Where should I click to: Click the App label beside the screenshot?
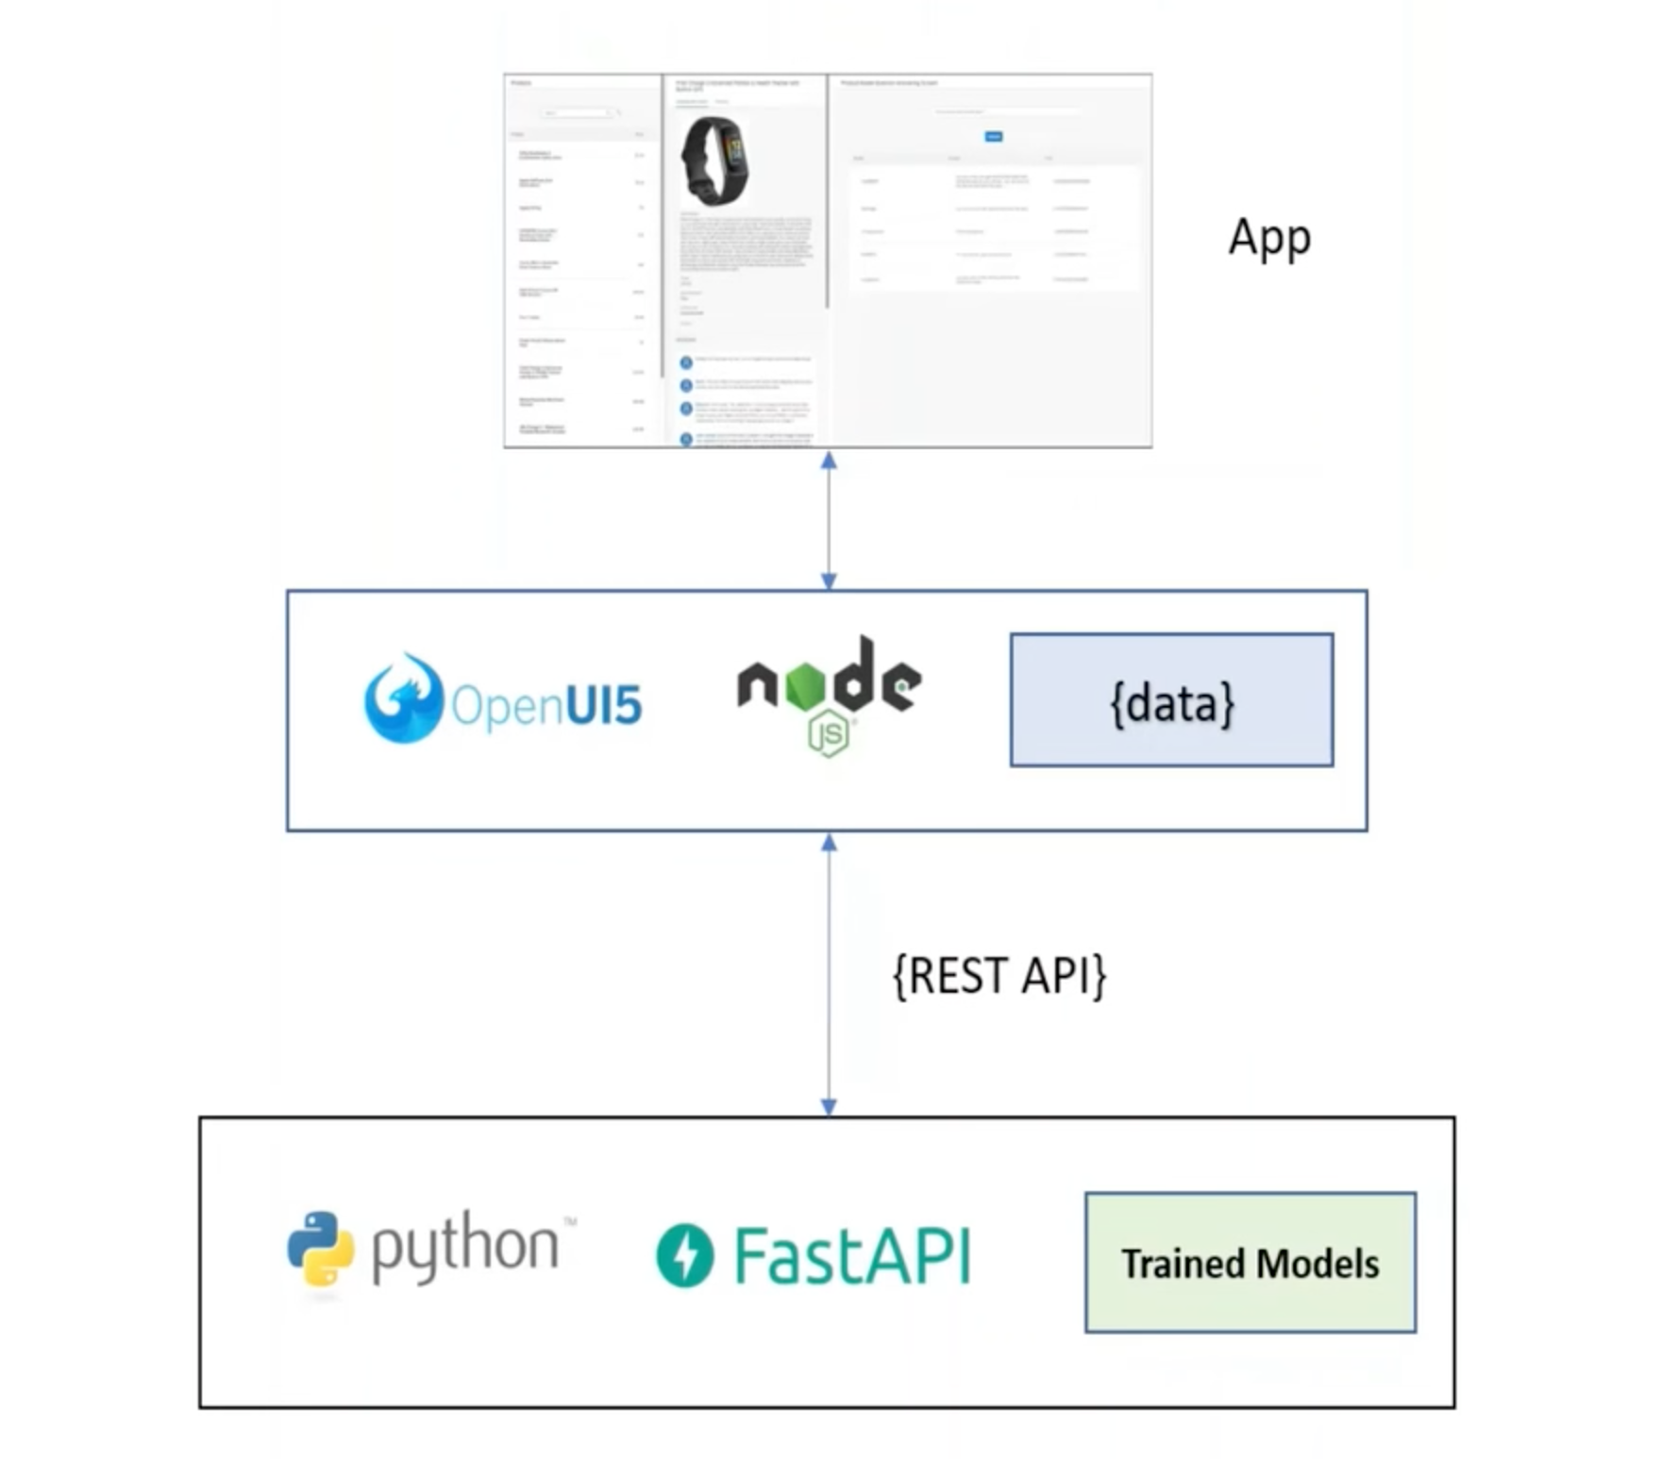point(1268,238)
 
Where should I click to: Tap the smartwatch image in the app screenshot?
point(713,160)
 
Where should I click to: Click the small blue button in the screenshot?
point(993,137)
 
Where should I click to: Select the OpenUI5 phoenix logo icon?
point(403,698)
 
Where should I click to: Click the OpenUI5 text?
point(547,705)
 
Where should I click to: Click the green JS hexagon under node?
point(829,736)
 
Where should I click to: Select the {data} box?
point(1171,700)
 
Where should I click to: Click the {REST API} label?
point(998,976)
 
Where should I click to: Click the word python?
point(465,1248)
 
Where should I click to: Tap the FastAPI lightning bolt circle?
point(685,1255)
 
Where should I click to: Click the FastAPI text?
point(852,1255)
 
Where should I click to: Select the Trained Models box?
point(1250,1263)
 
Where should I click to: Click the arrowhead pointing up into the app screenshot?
point(829,461)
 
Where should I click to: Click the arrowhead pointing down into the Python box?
point(829,1106)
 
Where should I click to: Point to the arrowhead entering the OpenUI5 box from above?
point(829,580)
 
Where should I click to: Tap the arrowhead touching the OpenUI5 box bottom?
point(829,843)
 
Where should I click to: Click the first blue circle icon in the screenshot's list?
point(686,362)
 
